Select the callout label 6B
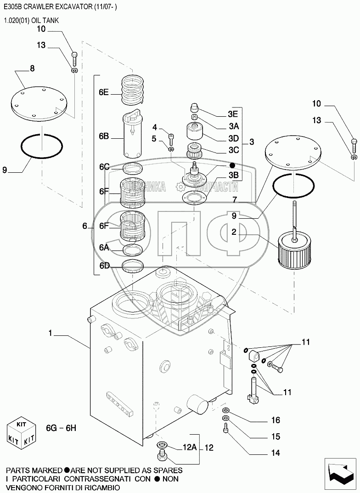(x=104, y=136)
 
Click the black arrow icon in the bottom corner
(x=339, y=471)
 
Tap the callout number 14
(x=276, y=453)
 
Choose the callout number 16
(x=276, y=420)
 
